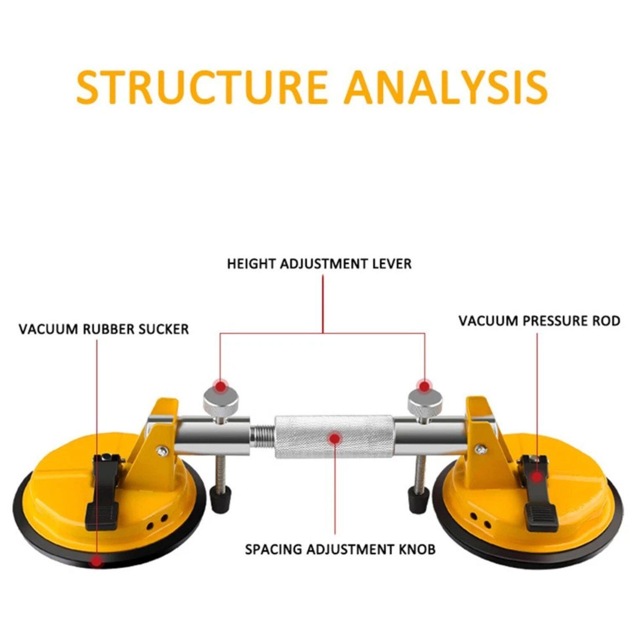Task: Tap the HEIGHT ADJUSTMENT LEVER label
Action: pos(319,264)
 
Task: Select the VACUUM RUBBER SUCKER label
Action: pos(104,329)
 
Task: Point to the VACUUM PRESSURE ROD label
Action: pos(539,321)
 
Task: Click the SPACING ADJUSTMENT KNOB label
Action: pos(340,549)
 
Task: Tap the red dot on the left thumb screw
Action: pos(219,386)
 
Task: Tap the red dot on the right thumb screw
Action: pos(424,386)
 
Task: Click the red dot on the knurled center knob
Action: pos(335,439)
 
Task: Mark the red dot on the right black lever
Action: pos(537,477)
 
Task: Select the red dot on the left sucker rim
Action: pos(97,561)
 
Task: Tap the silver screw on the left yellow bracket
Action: pos(161,451)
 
